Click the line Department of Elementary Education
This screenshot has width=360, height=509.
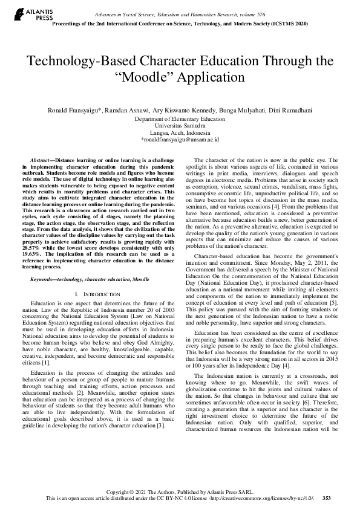pyautogui.click(x=180, y=119)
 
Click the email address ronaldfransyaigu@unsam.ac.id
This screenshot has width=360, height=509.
pyautogui.click(x=180, y=139)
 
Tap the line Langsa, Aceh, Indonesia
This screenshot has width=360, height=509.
pyautogui.click(x=180, y=132)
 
